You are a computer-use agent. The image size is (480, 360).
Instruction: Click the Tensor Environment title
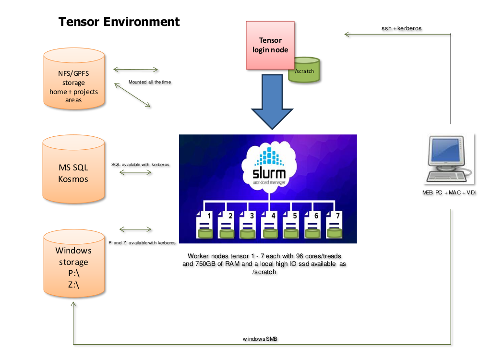click(x=119, y=22)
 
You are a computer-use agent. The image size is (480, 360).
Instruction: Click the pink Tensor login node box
click(x=270, y=44)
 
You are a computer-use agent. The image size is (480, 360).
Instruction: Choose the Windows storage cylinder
click(x=73, y=264)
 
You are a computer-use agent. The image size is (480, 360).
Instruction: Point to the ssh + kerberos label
click(x=401, y=28)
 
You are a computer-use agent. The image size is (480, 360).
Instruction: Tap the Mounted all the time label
click(x=150, y=82)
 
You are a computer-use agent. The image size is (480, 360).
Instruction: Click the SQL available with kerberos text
click(x=140, y=165)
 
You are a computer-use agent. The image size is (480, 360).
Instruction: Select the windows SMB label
click(x=260, y=339)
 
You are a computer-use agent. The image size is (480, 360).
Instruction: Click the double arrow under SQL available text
click(x=135, y=172)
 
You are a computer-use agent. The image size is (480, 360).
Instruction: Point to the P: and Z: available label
click(x=142, y=243)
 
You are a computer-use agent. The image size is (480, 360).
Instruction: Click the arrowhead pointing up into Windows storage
click(x=73, y=306)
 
